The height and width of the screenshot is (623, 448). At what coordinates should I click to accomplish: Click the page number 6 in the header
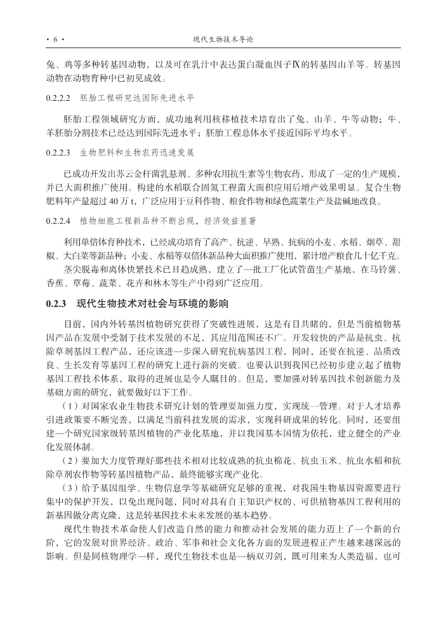[55, 39]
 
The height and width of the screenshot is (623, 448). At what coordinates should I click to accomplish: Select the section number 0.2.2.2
[60, 99]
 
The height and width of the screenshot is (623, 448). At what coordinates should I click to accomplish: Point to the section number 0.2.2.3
[60, 153]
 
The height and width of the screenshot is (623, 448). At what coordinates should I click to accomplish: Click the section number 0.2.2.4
[60, 220]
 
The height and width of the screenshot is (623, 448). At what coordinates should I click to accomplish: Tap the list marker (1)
[70, 405]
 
